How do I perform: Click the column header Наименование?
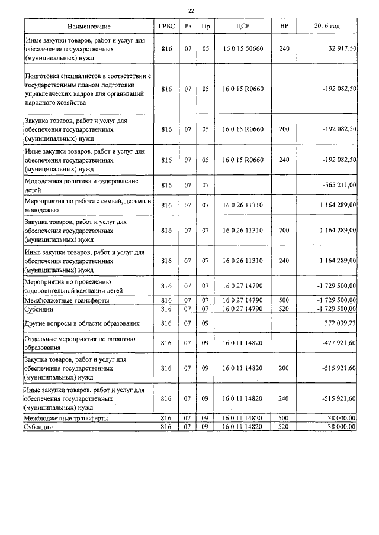(x=89, y=27)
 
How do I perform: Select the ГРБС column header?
(x=166, y=27)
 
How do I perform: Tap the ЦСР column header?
(x=243, y=27)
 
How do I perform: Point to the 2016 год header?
(x=327, y=27)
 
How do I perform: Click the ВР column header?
(x=284, y=27)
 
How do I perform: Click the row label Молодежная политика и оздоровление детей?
(x=81, y=185)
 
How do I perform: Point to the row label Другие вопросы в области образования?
(x=82, y=323)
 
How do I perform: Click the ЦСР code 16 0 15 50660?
(x=243, y=48)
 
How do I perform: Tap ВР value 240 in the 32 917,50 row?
(x=284, y=48)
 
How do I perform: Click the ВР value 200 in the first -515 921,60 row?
(x=284, y=368)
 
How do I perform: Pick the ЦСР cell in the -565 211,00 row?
(x=243, y=186)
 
